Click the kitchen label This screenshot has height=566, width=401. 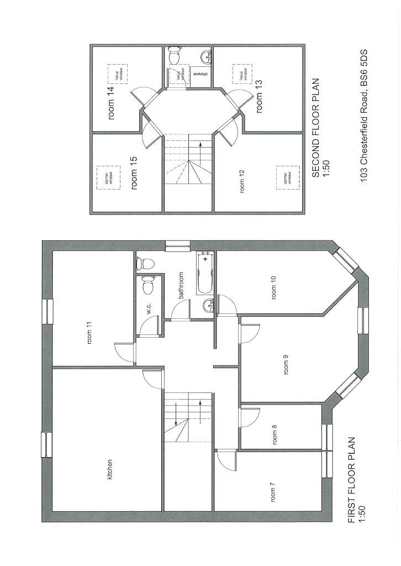(110, 469)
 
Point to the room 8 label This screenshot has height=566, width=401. (275, 434)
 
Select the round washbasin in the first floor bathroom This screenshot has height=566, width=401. (208, 305)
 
